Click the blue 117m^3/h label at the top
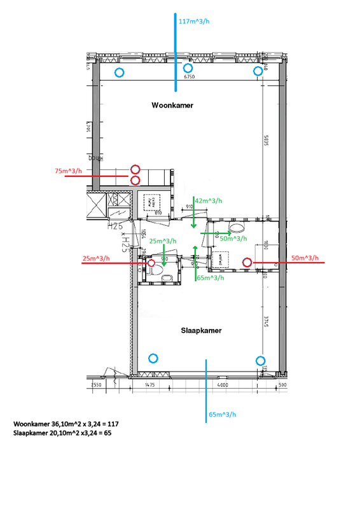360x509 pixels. [x=195, y=22]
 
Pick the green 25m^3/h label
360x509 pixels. [x=163, y=241]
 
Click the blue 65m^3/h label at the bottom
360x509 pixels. [x=223, y=415]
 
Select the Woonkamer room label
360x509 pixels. [x=172, y=105]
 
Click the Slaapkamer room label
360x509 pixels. [x=200, y=330]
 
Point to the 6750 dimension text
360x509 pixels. [x=189, y=76]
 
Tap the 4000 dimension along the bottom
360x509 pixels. [x=222, y=386]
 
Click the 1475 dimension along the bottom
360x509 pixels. [x=150, y=386]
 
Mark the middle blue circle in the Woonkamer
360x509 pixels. [x=188, y=67]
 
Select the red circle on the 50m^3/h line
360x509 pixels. [x=247, y=261]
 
